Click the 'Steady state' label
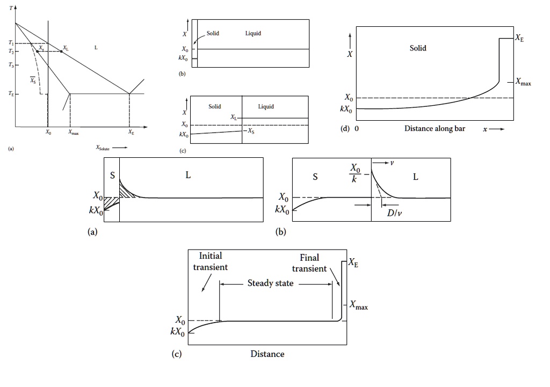[270, 283]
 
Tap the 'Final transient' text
[309, 263]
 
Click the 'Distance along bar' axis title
[435, 129]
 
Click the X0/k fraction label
[356, 174]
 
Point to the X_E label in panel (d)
[519, 38]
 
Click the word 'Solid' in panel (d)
[418, 48]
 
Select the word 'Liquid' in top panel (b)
[253, 33]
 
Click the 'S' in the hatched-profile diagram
[112, 175]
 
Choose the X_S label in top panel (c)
[251, 130]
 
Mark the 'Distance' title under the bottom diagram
[267, 354]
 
